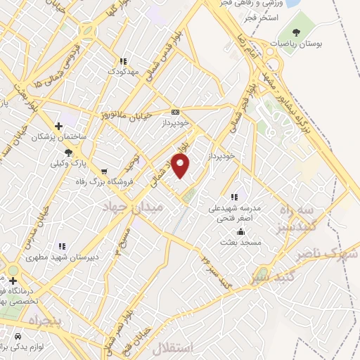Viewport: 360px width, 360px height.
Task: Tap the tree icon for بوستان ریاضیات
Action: (x=296, y=32)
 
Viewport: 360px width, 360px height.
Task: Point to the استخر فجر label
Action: (x=283, y=15)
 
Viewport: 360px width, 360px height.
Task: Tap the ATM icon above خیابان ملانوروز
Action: (x=175, y=112)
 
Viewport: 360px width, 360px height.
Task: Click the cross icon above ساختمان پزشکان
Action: (x=59, y=126)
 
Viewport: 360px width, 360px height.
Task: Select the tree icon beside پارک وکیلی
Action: (x=68, y=152)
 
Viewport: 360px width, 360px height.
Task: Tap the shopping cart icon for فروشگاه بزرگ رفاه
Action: (x=104, y=171)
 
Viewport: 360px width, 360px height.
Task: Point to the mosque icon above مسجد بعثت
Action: (x=241, y=231)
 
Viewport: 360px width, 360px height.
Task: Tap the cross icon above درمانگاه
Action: (x=12, y=281)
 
